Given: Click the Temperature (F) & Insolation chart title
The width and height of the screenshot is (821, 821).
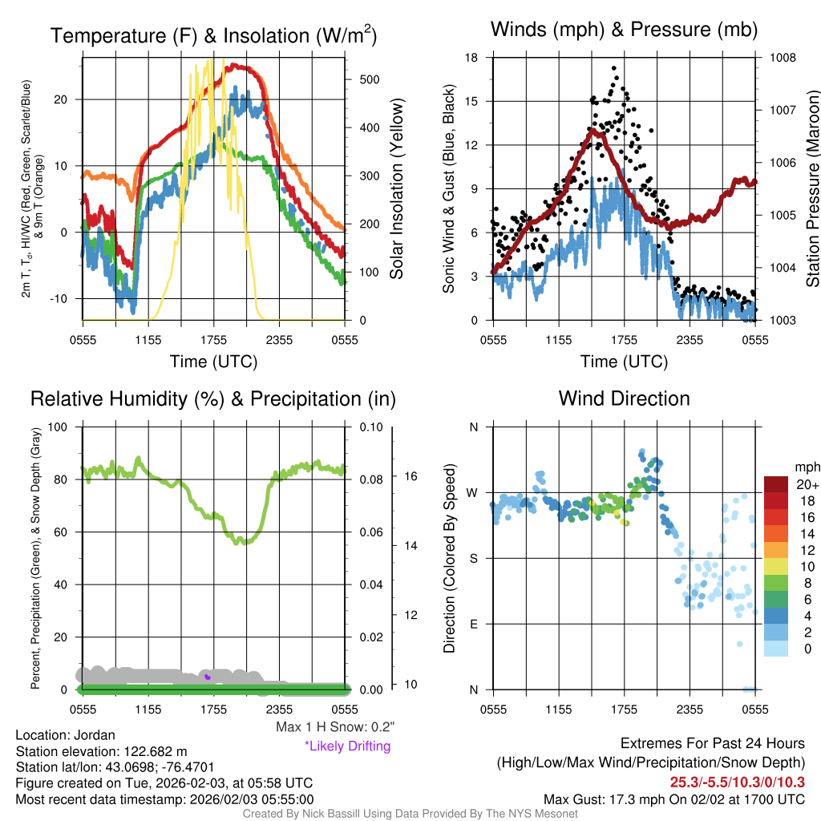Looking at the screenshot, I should point(213,36).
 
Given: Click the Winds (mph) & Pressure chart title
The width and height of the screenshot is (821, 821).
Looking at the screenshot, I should point(624,30).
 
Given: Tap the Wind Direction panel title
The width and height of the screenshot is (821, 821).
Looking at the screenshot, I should point(624,398).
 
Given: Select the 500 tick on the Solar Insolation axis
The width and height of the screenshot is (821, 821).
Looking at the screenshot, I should point(359,79).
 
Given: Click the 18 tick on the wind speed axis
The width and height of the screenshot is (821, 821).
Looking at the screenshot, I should point(471,58).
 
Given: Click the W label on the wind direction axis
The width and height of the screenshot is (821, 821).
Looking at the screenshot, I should point(474,492).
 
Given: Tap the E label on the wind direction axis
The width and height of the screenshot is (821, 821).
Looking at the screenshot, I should point(474,624).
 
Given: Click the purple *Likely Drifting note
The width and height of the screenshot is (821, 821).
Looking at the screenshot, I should point(347,746).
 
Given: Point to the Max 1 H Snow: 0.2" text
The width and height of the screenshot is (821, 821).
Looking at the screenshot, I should point(334,727).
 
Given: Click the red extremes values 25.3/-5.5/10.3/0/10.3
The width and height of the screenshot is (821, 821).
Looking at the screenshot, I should point(737,782).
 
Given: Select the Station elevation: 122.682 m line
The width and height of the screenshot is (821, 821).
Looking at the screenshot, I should point(101,751).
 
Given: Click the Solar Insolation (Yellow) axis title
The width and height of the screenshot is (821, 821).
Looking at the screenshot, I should point(397,189).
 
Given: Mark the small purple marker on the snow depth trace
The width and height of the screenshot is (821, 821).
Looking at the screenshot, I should point(208,677).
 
